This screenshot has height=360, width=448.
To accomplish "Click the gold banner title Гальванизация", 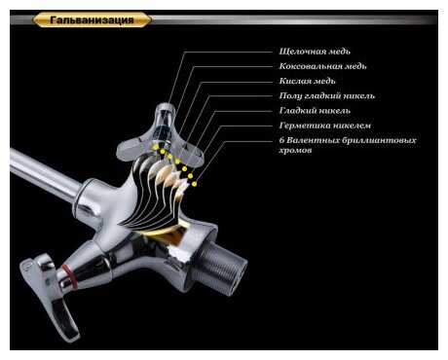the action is pyautogui.click(x=92, y=20).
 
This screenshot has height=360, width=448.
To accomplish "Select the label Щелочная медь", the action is pyautogui.click(x=315, y=52).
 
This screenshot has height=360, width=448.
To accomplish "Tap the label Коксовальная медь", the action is pyautogui.click(x=322, y=66).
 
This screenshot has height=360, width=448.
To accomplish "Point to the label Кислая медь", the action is pyautogui.click(x=307, y=81).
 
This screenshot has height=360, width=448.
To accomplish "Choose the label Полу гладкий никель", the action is pyautogui.click(x=327, y=96).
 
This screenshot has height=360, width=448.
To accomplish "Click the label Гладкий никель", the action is pyautogui.click(x=315, y=111).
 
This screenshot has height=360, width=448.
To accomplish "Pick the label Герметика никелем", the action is pyautogui.click(x=325, y=126).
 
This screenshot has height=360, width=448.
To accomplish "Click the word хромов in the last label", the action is pyautogui.click(x=295, y=151).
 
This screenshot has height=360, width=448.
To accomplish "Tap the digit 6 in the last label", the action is pyautogui.click(x=281, y=140).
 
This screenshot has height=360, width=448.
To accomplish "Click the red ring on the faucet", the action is pyautogui.click(x=69, y=276).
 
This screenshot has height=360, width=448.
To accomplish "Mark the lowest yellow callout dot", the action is pyautogui.click(x=194, y=184).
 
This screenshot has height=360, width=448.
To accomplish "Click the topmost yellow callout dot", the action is pyautogui.click(x=156, y=147).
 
